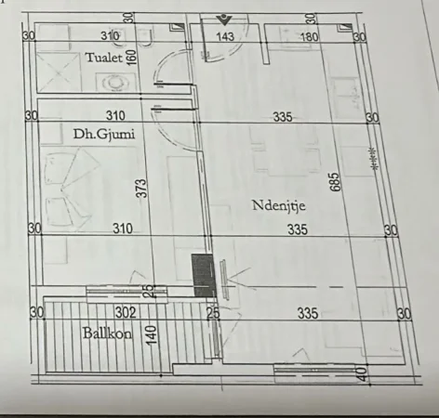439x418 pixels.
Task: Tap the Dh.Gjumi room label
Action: coord(103,135)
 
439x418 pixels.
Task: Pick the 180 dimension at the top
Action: coord(310,37)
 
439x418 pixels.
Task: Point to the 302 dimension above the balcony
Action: coord(126,312)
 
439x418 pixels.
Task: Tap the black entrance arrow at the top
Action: coord(223,19)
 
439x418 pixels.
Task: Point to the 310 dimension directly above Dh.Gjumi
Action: coord(114,116)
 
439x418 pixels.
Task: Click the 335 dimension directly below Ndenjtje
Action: coord(297,229)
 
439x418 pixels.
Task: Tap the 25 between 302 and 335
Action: coord(213,313)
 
